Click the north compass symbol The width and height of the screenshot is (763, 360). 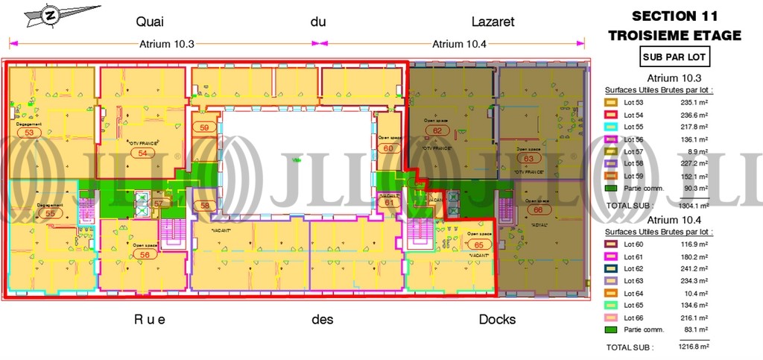click(x=51, y=14)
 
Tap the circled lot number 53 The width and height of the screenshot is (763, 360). click(x=30, y=133)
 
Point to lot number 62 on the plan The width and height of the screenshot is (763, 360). click(x=437, y=130)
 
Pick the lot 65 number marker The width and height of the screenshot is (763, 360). click(x=479, y=244)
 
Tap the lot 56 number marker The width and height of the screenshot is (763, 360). click(x=145, y=254)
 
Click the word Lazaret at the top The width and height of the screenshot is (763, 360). click(x=493, y=21)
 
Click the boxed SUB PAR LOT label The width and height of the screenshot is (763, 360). click(x=674, y=56)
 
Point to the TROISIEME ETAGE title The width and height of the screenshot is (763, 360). click(x=674, y=35)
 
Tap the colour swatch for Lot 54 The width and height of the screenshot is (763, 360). click(x=610, y=115)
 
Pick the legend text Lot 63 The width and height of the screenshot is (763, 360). click(x=633, y=282)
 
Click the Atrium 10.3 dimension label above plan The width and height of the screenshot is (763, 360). click(x=167, y=43)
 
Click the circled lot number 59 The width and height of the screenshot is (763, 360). click(x=205, y=127)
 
